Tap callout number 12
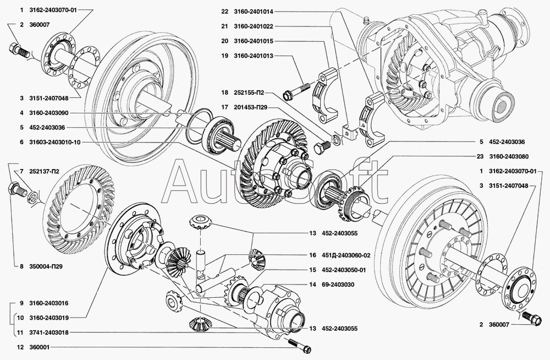20,347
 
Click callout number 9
20,303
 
